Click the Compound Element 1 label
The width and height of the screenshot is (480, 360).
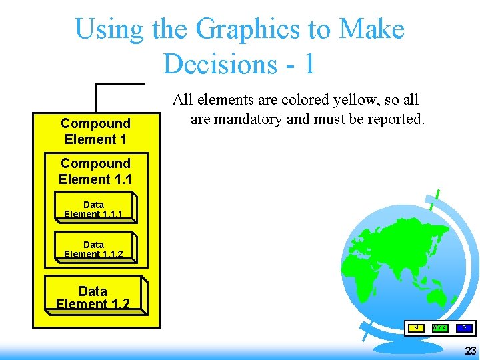pyautogui.click(x=95, y=131)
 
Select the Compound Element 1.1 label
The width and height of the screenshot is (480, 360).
pyautogui.click(x=95, y=171)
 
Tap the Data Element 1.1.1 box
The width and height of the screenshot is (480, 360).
pyautogui.click(x=95, y=208)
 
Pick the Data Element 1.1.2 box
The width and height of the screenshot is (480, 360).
pyautogui.click(x=95, y=247)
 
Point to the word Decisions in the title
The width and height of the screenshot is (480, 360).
pyautogui.click(x=221, y=63)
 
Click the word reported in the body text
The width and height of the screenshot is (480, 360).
pyautogui.click(x=396, y=119)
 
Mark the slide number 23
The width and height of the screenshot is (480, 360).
pyautogui.click(x=470, y=351)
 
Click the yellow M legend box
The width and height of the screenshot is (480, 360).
pyautogui.click(x=416, y=327)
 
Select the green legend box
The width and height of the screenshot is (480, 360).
pyautogui.click(x=440, y=327)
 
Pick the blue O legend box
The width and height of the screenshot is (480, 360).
pyautogui.click(x=464, y=327)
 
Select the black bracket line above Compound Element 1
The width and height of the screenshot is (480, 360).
pyautogui.click(x=120, y=85)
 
